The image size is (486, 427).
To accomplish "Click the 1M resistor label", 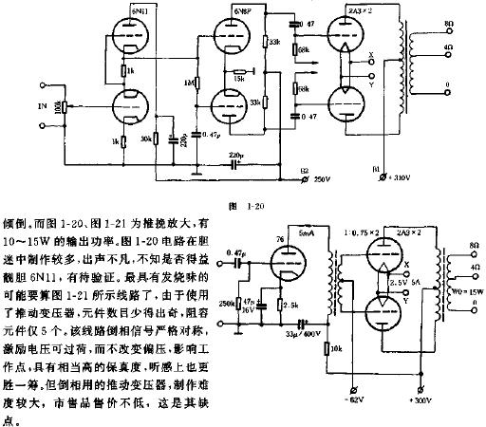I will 190,83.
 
